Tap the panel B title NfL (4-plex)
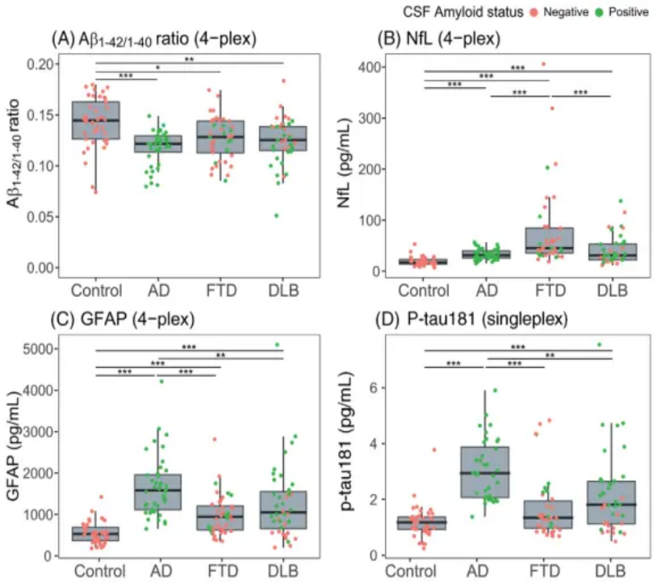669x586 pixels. pos(445,38)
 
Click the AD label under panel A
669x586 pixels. pos(158,290)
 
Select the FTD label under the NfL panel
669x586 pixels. pos(550,290)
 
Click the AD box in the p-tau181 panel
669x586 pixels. pos(485,472)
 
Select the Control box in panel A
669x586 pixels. pos(96,121)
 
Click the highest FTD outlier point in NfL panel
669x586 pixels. pos(543,64)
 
